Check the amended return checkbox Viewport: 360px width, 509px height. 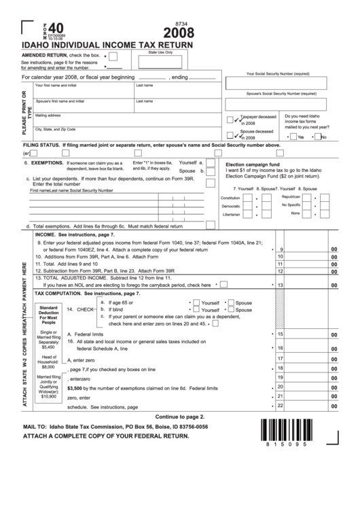pyautogui.click(x=112, y=56)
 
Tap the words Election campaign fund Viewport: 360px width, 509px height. pyautogui.click(x=253, y=164)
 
